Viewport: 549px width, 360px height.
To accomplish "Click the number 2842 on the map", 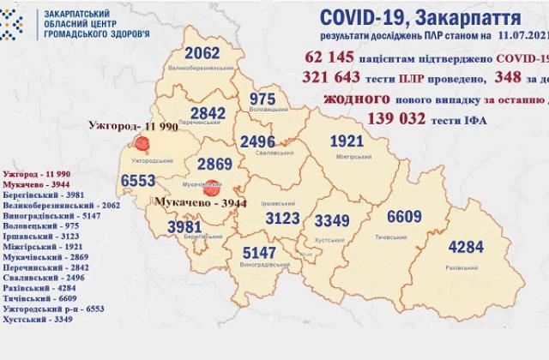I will pos(211,117).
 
